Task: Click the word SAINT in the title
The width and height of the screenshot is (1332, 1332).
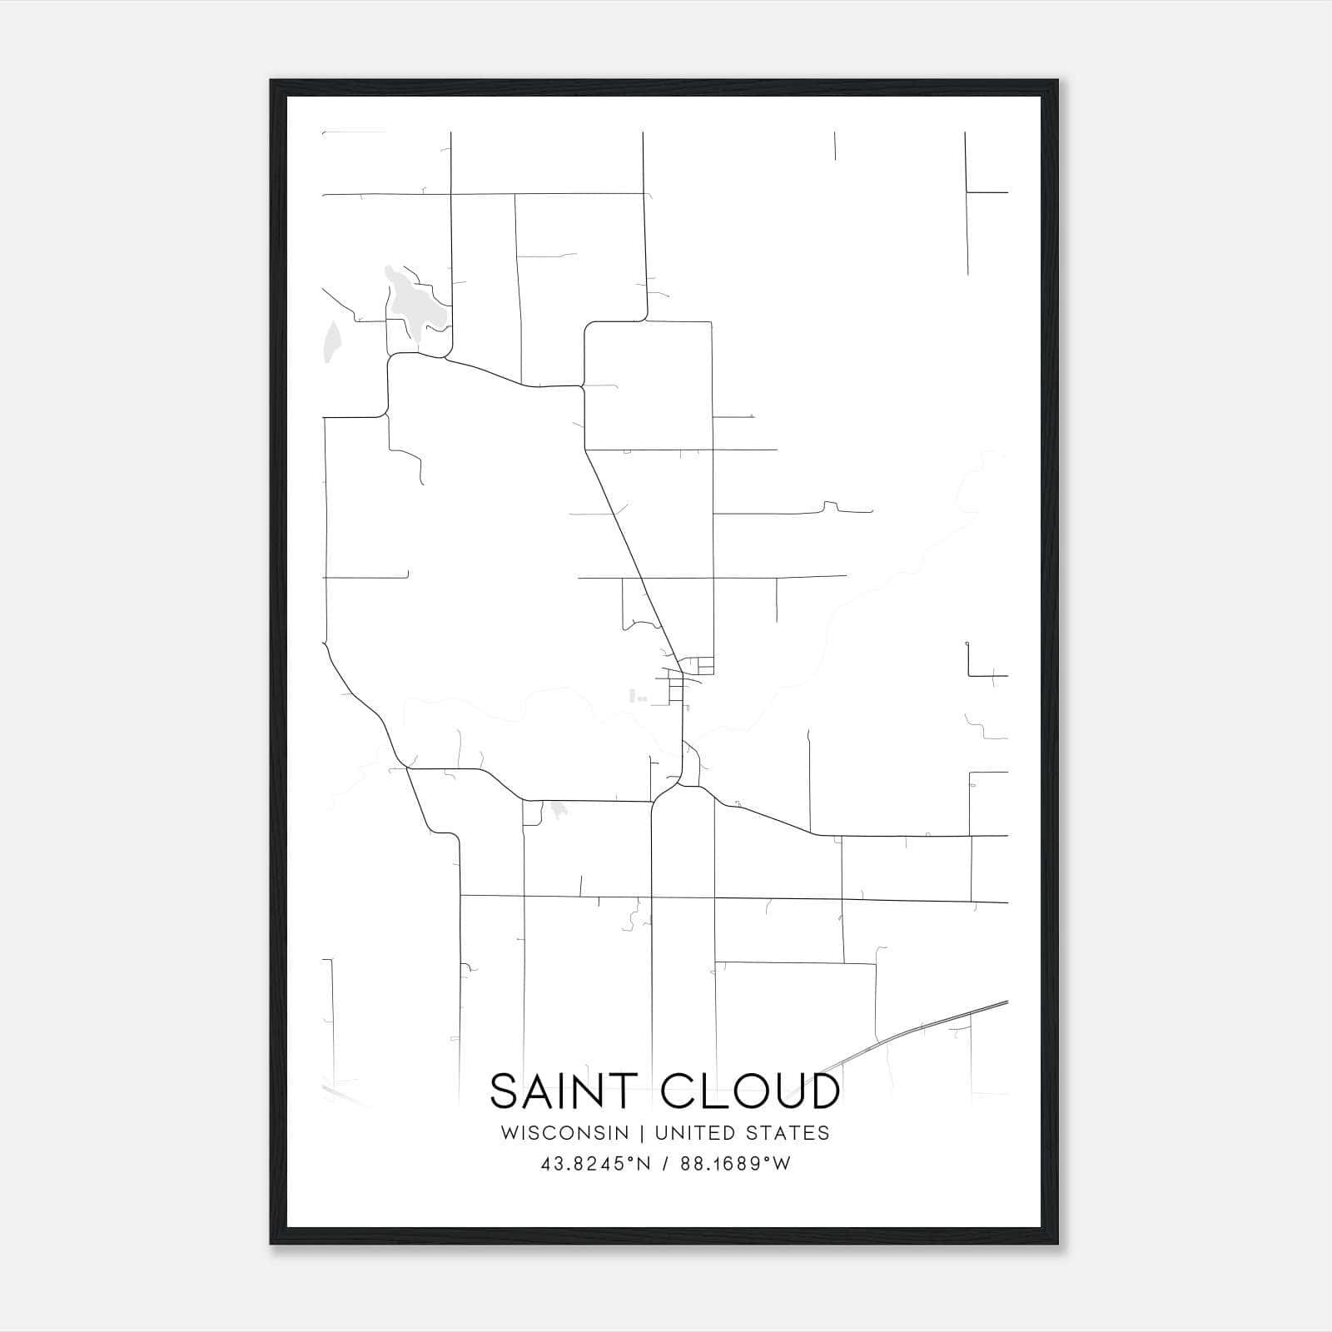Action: click(563, 1091)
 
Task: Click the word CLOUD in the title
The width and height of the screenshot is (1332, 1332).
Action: click(749, 1091)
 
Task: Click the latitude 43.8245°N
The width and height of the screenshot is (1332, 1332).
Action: click(594, 1164)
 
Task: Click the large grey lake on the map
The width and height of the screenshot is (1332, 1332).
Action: click(410, 306)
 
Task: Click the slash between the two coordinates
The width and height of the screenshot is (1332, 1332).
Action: click(664, 1164)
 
